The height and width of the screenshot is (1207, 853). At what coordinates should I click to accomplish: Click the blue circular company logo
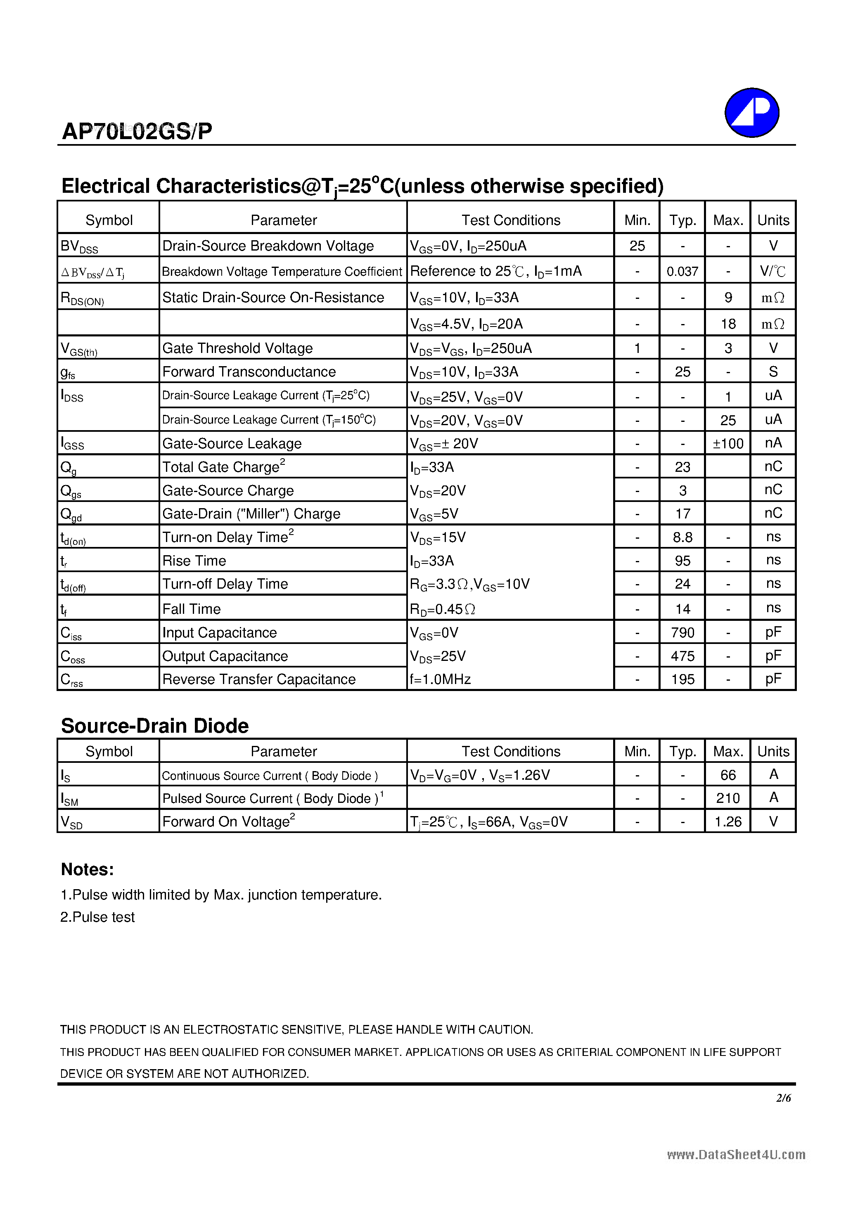tap(751, 113)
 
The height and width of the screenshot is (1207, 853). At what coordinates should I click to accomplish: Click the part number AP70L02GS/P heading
tap(137, 131)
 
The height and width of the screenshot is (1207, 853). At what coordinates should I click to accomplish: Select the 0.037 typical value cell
tap(682, 271)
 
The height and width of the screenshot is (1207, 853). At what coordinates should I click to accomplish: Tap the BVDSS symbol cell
tap(79, 246)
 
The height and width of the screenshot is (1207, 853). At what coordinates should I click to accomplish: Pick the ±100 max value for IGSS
tap(728, 444)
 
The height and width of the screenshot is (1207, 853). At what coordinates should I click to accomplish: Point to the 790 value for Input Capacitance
tap(682, 632)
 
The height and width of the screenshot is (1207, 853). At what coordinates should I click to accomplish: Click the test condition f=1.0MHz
tap(440, 679)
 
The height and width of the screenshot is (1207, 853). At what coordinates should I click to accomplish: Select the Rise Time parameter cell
tap(194, 561)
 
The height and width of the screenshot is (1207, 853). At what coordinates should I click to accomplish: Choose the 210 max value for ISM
tap(728, 798)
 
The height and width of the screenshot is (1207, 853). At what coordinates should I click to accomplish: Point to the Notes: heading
tap(87, 869)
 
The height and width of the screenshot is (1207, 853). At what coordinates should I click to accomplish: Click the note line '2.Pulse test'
tap(97, 917)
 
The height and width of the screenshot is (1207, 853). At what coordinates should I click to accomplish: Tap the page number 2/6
tap(783, 1098)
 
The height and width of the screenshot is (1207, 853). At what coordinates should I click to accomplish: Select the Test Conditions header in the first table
tap(511, 220)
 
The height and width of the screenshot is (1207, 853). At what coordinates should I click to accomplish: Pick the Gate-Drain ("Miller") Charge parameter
tap(251, 514)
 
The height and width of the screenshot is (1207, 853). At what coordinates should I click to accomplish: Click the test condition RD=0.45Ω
tap(442, 609)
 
